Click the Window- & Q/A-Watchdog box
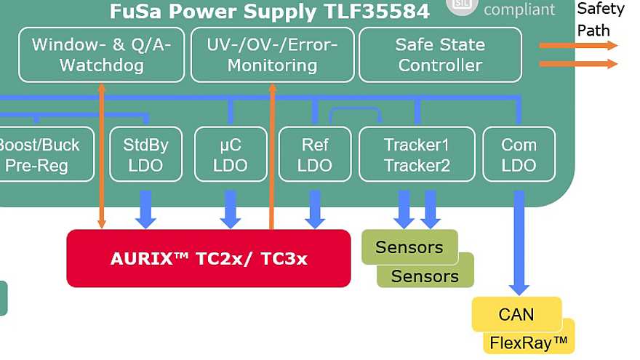click(x=101, y=55)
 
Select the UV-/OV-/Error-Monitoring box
click(x=272, y=55)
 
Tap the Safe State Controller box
click(x=440, y=55)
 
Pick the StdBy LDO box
click(x=145, y=154)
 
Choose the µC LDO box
click(x=231, y=154)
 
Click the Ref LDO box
click(x=315, y=154)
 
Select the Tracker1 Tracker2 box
click(x=417, y=154)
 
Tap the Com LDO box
click(x=519, y=154)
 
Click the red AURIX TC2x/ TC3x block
click(x=208, y=259)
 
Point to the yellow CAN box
click(x=516, y=314)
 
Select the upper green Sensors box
click(x=409, y=247)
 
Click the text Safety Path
click(x=601, y=20)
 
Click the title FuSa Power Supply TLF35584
click(x=269, y=11)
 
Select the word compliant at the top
click(x=519, y=9)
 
